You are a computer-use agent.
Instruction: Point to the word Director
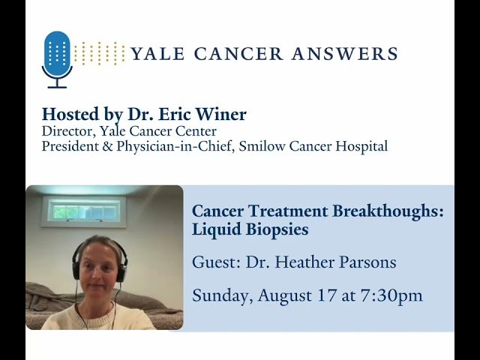65,131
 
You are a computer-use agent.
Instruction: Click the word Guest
213,262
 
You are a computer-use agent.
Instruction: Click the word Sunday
222,295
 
